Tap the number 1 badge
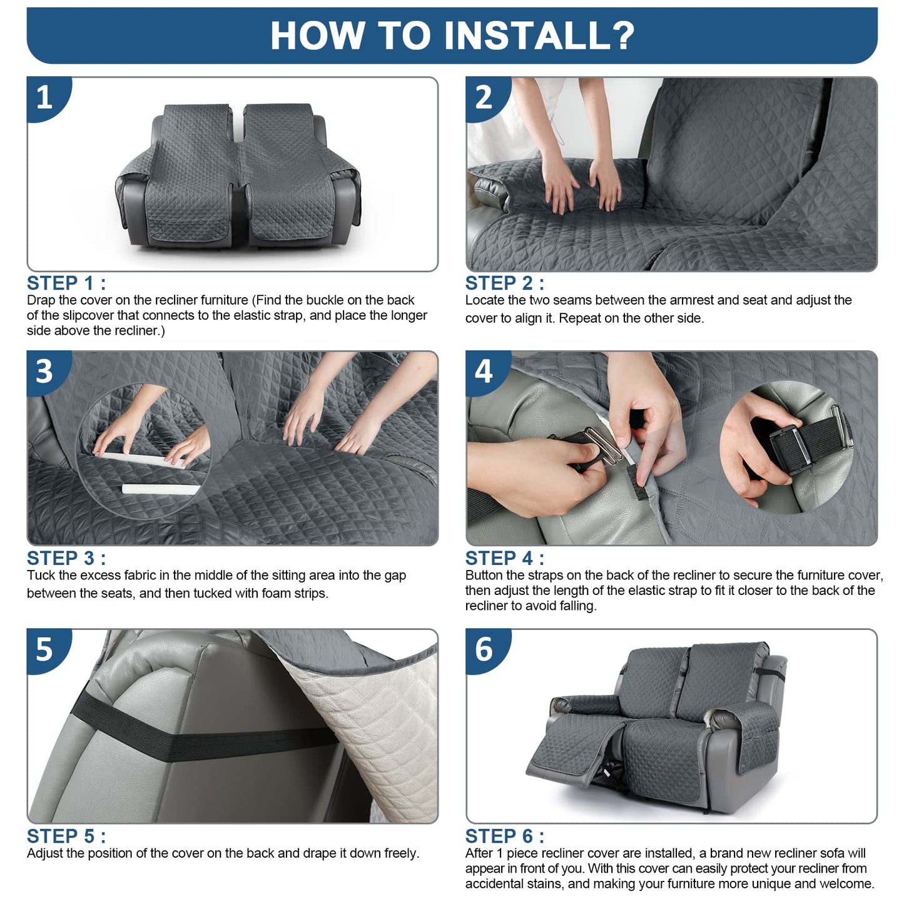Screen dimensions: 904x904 [x=47, y=98]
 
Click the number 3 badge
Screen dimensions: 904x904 [x=47, y=372]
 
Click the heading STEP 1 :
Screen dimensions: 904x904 [x=66, y=283]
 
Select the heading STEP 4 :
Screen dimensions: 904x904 [x=505, y=558]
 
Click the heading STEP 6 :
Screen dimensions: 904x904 [x=505, y=836]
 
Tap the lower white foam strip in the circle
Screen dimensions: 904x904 [x=161, y=489]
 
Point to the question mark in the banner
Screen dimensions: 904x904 [x=622, y=35]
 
